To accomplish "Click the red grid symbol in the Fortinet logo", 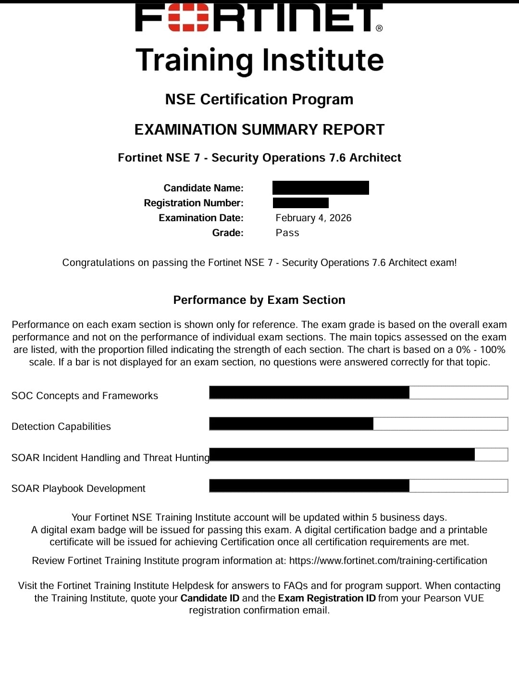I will (x=188, y=18).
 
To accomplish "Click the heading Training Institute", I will (x=259, y=60).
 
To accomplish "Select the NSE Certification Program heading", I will (x=259, y=99).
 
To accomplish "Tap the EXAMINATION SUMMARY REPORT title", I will (x=259, y=129).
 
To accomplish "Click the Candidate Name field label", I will (x=203, y=188).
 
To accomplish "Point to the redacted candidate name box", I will (x=321, y=187).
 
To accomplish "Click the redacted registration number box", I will (x=301, y=203).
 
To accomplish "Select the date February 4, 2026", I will (x=313, y=218).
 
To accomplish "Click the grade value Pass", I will (x=287, y=233).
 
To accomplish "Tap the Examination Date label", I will (x=201, y=218).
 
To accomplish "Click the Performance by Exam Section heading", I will (x=259, y=300).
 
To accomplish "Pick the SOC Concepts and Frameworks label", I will (x=85, y=396).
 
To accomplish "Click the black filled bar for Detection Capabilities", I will (x=291, y=424).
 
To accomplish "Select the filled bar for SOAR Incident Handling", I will (x=342, y=454).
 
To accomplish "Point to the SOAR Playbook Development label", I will (x=78, y=488).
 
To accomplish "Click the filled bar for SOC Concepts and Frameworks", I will (x=309, y=392).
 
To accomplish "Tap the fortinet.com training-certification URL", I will (x=388, y=561).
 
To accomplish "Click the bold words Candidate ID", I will (x=210, y=598).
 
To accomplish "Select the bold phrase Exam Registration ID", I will (x=327, y=598).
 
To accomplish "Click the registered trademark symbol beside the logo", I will (x=379, y=28).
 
